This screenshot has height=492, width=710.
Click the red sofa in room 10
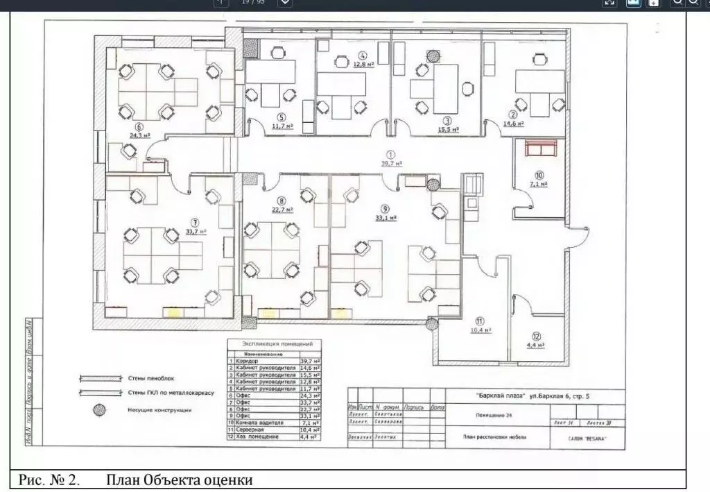tap(542, 149)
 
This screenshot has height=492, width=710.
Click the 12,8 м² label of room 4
tap(364, 64)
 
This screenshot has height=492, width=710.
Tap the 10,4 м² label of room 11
tap(482, 330)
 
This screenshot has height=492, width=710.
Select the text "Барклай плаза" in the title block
tap(502, 396)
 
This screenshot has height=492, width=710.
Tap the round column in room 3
tap(433, 53)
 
